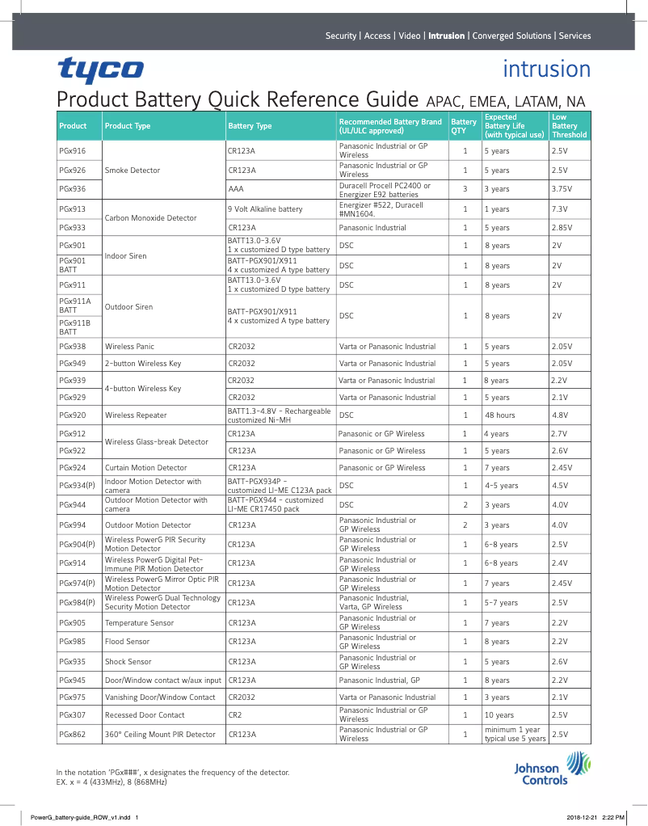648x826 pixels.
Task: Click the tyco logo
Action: pos(100,70)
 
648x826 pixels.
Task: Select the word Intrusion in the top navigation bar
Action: pos(446,36)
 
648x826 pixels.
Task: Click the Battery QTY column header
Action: pos(463,126)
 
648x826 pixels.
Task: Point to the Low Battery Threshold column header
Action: pos(569,126)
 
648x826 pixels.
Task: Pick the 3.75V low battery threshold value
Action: pos(563,189)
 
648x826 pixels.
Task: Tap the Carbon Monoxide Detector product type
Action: pos(150,218)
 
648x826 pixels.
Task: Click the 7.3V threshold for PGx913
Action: pos(561,209)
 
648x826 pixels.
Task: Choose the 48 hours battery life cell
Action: pos(500,415)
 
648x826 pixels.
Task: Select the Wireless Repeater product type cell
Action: pos(136,415)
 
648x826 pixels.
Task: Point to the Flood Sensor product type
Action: pos(127,642)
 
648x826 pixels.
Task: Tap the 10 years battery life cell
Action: pos(499,715)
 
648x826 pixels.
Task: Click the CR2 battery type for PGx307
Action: pos(235,715)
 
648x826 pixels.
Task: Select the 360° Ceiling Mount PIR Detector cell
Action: pos(160,735)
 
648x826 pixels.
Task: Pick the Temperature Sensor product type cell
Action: pos(139,623)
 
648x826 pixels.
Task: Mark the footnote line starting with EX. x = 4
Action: pos(112,782)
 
